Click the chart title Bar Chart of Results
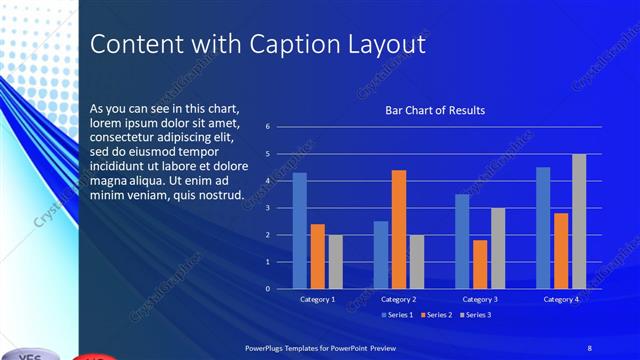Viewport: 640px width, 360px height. (435, 111)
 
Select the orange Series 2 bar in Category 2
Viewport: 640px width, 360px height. (398, 229)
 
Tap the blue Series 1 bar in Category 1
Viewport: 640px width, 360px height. (299, 230)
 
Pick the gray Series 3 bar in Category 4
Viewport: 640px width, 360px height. (579, 221)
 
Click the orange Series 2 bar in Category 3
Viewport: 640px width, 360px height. (480, 264)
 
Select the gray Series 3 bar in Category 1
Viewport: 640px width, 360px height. (335, 261)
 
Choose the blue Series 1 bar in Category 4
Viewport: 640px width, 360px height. (543, 227)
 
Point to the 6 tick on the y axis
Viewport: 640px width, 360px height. (268, 127)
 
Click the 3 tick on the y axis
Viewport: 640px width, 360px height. (268, 208)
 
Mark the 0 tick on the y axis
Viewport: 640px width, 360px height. (268, 289)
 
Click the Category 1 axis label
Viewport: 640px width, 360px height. (317, 299)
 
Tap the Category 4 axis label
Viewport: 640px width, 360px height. (561, 299)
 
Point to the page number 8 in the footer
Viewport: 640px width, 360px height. (589, 347)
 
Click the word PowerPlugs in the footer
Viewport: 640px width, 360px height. (268, 347)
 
